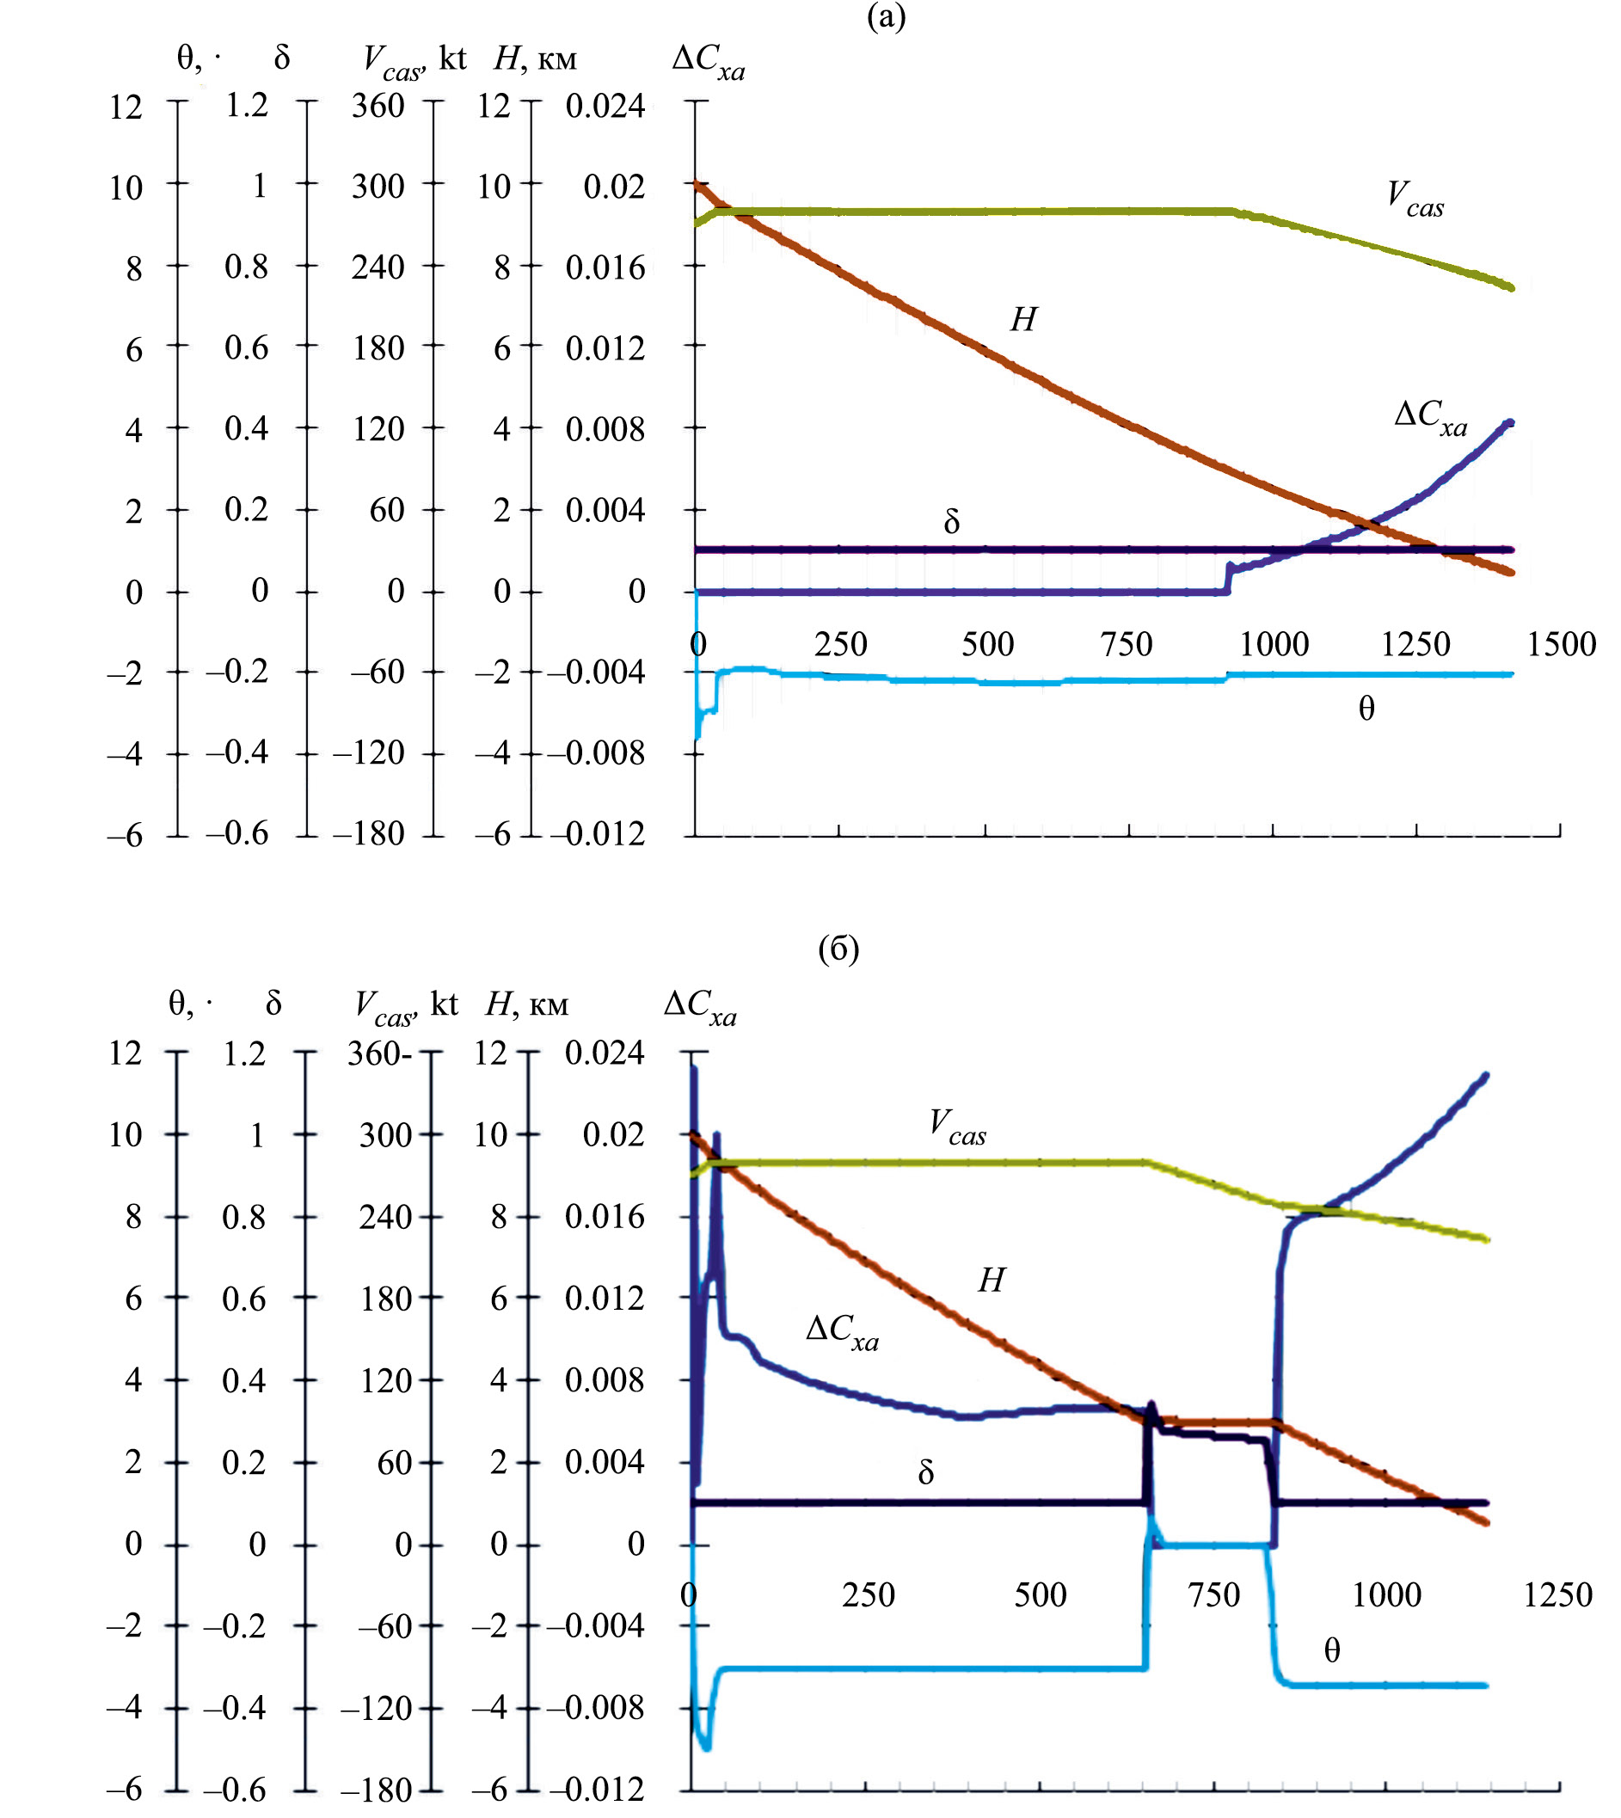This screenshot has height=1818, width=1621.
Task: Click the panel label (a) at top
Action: pos(887,17)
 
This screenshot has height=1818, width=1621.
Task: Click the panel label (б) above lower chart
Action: pos(838,949)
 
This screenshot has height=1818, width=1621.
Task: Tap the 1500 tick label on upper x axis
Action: pos(1562,644)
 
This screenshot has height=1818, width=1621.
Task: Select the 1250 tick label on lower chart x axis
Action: pos(1557,1594)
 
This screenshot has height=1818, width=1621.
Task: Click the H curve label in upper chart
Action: pos(1023,319)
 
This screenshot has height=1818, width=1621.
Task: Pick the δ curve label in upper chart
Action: pos(951,522)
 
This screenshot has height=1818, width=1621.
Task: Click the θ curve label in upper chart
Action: pos(1366,709)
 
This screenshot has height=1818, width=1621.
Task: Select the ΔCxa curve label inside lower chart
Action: pos(842,1330)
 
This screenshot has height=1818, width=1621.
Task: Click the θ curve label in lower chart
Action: pos(1331,1651)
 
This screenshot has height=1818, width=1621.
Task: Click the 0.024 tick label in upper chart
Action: pos(605,106)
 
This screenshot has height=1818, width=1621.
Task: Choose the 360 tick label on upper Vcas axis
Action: pos(378,106)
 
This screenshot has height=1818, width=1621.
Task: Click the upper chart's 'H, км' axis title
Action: pos(535,59)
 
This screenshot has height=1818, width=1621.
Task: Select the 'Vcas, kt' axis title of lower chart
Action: pos(406,1005)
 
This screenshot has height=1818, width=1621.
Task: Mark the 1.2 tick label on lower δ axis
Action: pos(244,1053)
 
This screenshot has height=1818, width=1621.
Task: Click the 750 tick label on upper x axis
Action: pos(1127,644)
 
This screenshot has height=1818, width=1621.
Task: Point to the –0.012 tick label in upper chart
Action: pos(596,835)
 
